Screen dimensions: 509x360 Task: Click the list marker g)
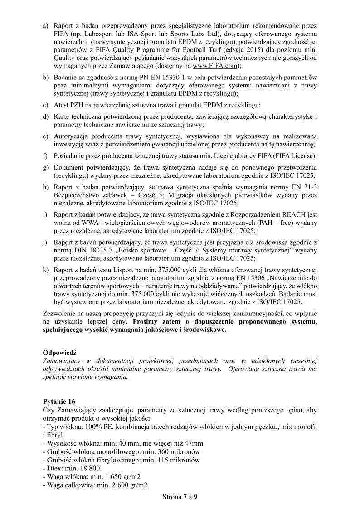(45, 167)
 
